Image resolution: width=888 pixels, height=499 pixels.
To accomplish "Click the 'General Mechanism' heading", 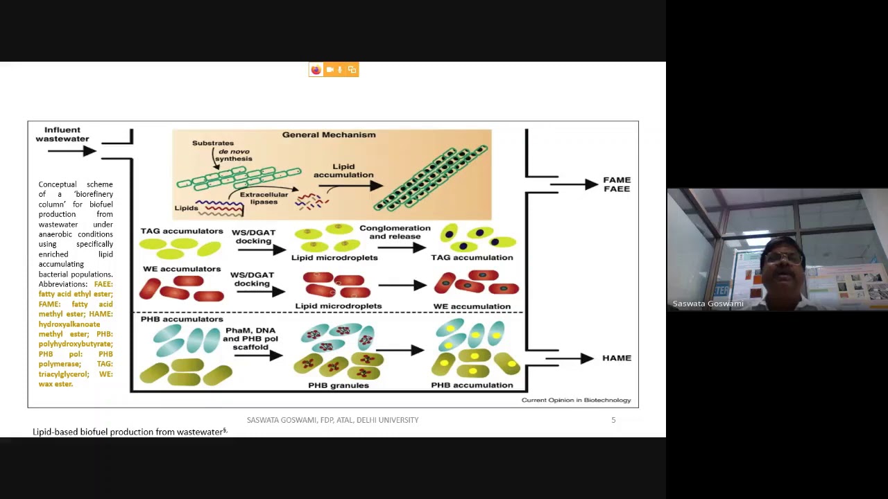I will coord(329,134).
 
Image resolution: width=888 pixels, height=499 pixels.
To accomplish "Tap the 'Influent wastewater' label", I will coord(62,134).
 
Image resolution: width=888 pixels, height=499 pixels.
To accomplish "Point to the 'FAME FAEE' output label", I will coord(616,184).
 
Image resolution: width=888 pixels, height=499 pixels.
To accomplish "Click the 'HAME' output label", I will coord(616,358).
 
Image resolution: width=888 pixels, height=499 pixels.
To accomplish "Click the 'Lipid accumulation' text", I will coord(343,170).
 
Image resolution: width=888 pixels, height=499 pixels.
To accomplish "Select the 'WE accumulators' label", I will coord(182,269).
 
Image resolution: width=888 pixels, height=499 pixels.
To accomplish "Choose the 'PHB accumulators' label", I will coord(182,319).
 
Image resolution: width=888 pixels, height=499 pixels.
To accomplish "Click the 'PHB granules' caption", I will coord(339,385).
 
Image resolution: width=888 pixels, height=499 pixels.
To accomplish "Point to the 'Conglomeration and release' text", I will coord(395,231).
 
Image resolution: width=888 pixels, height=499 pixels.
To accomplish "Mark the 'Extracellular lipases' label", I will coord(264,198).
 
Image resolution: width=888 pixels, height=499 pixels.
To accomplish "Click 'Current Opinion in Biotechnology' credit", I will coord(576,400).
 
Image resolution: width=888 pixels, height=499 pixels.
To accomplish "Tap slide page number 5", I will coord(613,420).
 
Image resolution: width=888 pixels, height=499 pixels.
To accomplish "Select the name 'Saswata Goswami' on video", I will coord(708,304).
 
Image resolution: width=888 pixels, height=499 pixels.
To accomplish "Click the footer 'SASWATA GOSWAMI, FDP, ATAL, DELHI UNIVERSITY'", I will coord(332,420).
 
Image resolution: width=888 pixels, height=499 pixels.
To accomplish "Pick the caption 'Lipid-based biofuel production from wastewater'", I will coord(128,432).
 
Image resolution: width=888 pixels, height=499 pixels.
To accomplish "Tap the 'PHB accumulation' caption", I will coord(472,385).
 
